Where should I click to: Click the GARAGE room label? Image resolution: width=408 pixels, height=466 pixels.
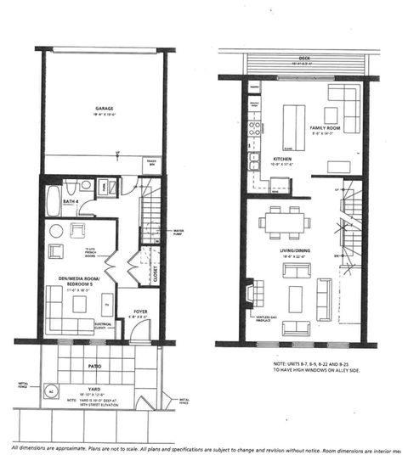pos(105,109)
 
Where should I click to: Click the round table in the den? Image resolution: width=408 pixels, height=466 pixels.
pos(57,230)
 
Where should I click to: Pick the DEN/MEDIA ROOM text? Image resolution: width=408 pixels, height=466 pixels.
pos(70,279)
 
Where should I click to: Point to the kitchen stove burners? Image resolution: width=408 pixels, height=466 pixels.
pos(253,130)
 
